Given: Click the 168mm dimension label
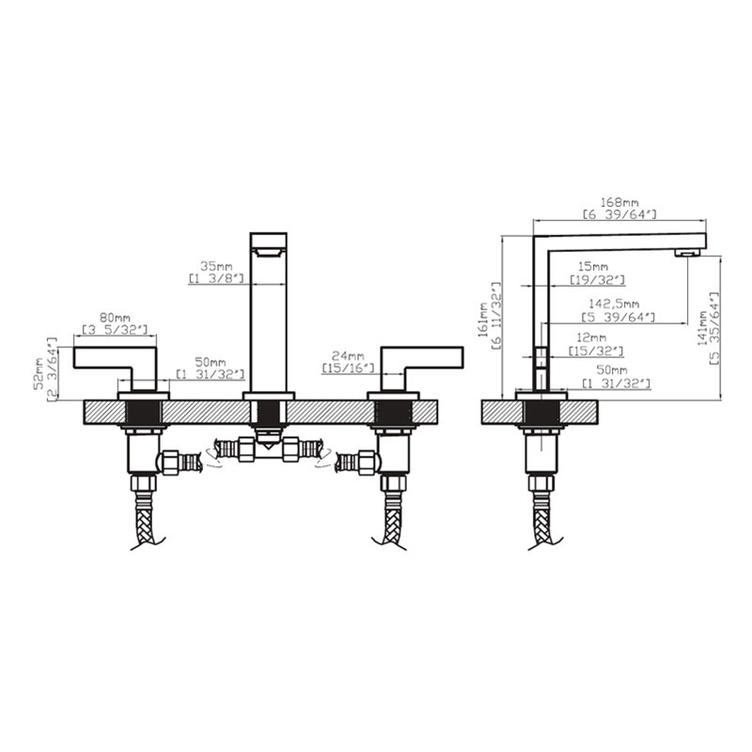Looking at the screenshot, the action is [619, 203].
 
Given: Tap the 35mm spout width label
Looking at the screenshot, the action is [216, 266].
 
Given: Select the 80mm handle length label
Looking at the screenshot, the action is [115, 318].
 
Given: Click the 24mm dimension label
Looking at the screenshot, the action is [348, 356].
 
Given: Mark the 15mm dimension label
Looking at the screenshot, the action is [593, 266].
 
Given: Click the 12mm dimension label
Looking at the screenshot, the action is [590, 338].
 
